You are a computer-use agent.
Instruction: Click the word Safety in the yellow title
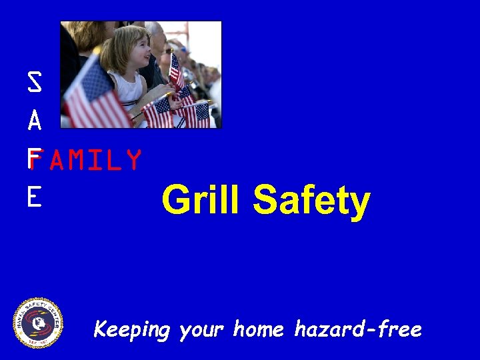click(311, 201)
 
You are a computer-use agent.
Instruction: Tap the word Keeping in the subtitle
click(132, 329)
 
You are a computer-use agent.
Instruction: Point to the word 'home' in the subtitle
click(259, 329)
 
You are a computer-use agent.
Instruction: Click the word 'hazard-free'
click(358, 329)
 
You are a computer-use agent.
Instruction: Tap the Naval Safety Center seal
click(39, 323)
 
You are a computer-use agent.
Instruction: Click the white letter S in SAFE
click(35, 83)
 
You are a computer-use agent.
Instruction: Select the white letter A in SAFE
click(35, 121)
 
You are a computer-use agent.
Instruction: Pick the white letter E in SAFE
click(35, 197)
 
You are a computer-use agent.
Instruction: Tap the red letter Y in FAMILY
click(133, 161)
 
